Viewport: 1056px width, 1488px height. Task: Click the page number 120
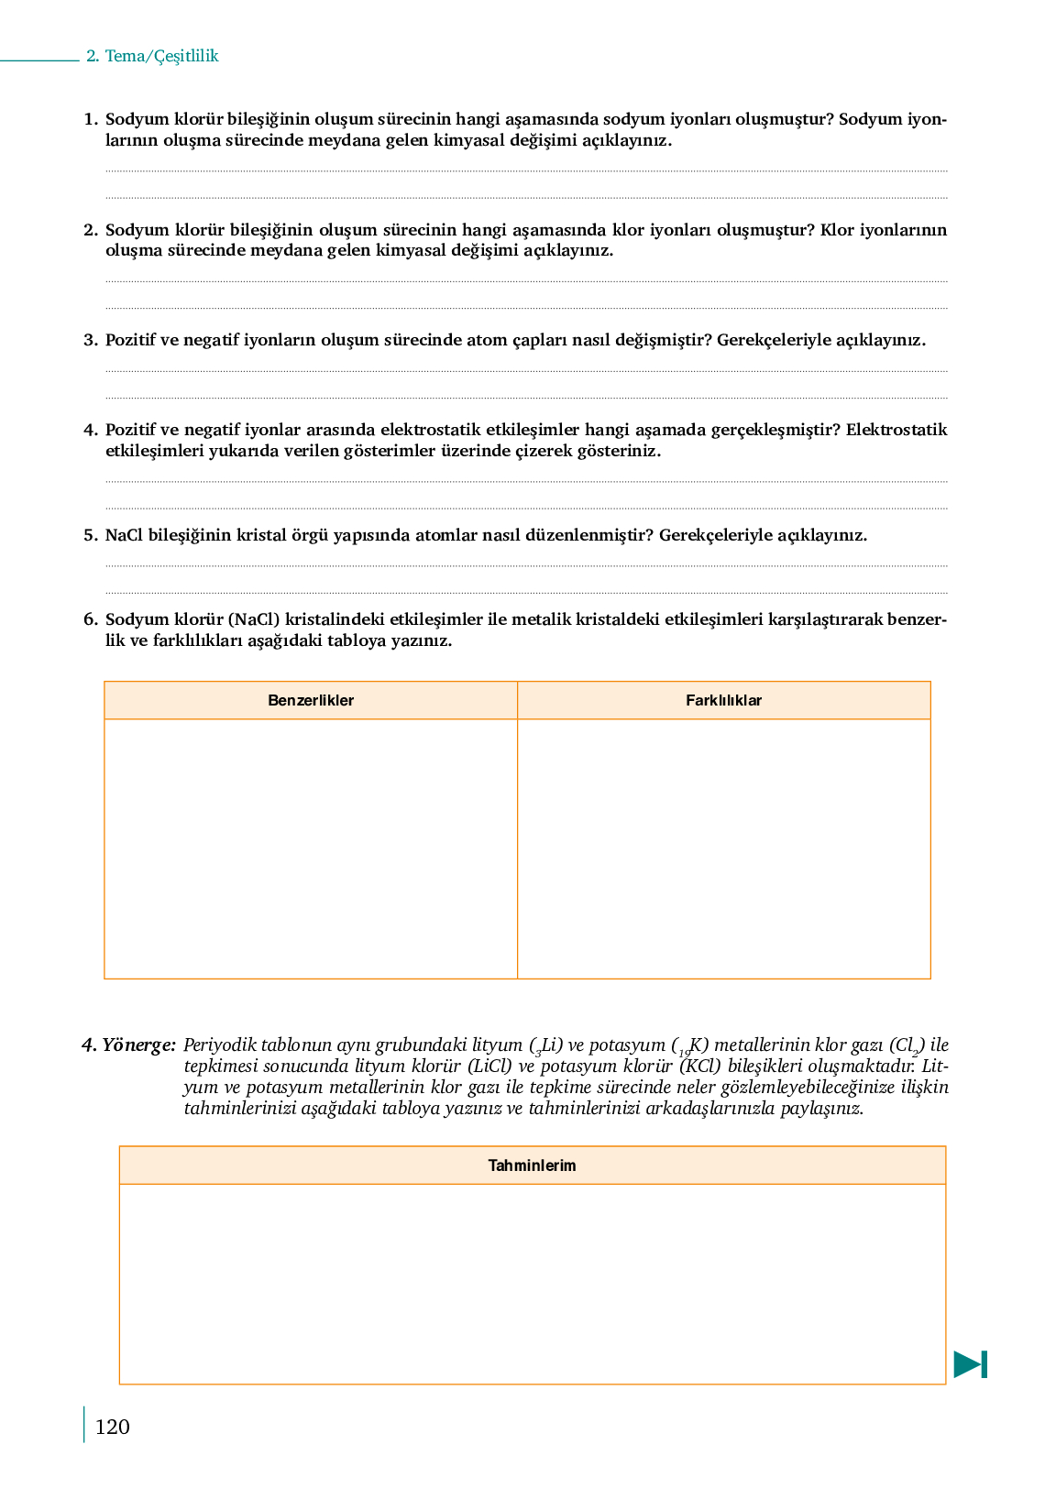pos(112,1427)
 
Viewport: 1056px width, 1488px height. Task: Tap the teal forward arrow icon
pos(970,1364)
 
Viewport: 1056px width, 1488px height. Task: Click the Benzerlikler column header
pos(311,700)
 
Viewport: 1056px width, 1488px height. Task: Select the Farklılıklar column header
pos(723,700)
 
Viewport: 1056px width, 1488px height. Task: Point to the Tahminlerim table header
pos(532,1165)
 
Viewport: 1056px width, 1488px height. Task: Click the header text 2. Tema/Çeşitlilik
pos(152,56)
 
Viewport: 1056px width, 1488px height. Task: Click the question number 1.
pos(90,119)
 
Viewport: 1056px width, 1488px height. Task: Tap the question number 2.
pos(90,230)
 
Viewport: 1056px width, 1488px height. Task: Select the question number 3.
pos(90,340)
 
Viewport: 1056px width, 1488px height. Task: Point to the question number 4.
pos(90,430)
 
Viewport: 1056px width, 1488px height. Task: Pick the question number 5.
pos(90,535)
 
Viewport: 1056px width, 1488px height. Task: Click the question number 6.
pos(90,619)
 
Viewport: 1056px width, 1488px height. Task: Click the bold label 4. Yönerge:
pos(128,1045)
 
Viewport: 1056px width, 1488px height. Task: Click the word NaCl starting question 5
pos(124,535)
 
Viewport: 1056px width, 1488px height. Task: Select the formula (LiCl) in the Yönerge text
pos(489,1066)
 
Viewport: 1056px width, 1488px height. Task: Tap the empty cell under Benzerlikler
pos(311,848)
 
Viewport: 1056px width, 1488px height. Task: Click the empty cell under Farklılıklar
pos(723,848)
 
